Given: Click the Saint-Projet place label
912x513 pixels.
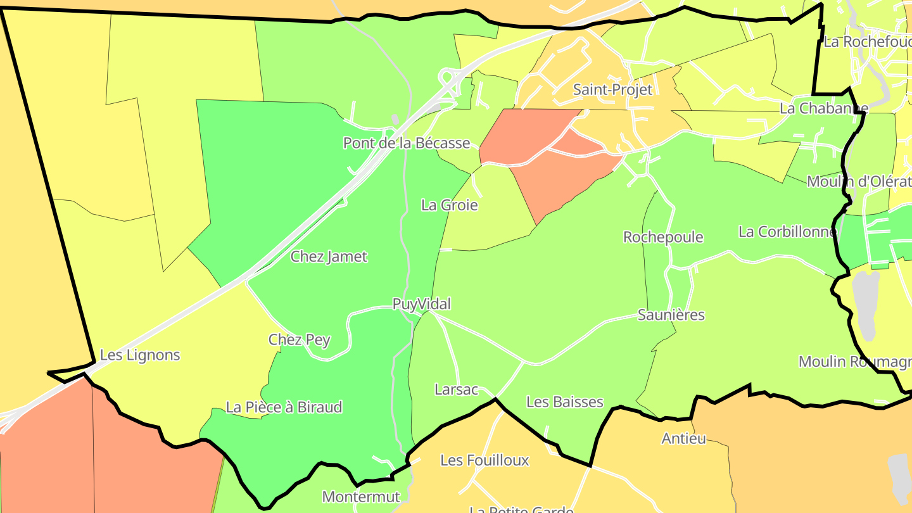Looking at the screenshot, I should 612,90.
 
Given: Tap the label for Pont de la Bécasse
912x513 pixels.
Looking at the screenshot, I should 407,143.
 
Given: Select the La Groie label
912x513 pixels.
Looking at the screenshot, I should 450,205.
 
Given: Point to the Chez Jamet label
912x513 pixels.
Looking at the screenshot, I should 329,256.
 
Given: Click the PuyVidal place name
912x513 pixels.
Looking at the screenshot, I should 422,304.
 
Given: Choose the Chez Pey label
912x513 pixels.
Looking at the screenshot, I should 300,339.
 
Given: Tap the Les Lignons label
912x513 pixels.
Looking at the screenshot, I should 140,355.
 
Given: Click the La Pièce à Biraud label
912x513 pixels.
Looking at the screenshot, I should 284,407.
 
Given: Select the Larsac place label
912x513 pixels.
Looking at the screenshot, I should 456,389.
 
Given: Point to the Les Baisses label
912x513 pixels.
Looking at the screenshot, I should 565,402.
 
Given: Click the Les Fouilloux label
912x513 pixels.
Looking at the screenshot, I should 484,460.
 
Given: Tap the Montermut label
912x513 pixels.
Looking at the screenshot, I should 361,497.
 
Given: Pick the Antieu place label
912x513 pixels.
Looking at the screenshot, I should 683,438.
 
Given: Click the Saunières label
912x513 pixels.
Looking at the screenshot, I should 671,315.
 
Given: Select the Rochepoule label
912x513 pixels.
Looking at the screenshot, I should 663,237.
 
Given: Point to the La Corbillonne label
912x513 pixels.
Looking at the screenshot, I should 787,232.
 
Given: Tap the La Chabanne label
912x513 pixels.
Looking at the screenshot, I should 823,108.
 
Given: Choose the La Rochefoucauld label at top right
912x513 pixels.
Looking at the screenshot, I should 867,42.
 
